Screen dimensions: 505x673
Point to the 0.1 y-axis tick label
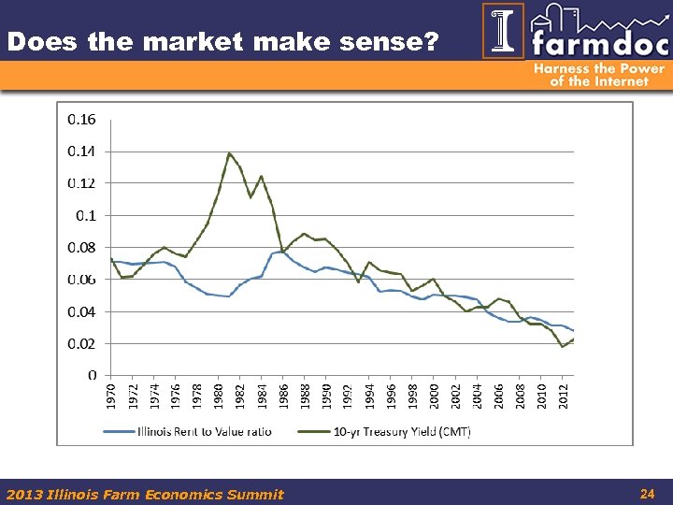point(86,215)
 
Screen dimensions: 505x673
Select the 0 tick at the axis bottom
point(91,375)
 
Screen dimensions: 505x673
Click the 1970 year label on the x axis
point(111,396)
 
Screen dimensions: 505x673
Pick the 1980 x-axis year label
point(218,396)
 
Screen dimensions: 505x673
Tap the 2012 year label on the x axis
point(563,396)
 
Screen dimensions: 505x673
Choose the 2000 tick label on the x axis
point(434,396)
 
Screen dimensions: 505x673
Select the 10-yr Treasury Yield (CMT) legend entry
point(392,431)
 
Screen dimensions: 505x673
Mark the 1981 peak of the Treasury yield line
point(229,152)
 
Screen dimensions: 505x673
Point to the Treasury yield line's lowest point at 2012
point(563,347)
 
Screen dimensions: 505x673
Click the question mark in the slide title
point(430,42)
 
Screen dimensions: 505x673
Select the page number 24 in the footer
point(646,493)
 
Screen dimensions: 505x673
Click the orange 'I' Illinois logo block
point(503,31)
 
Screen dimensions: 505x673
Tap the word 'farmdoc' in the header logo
point(598,43)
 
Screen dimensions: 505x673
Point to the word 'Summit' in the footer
point(254,494)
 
